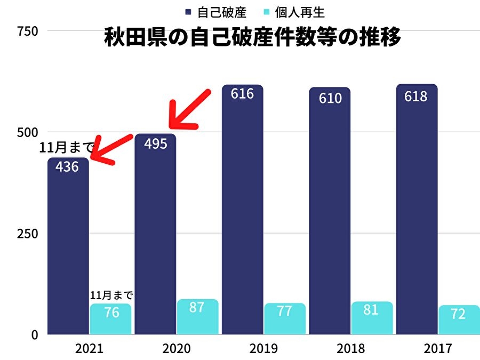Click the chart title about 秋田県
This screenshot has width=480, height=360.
(252, 39)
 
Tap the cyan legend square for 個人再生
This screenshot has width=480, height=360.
(266, 12)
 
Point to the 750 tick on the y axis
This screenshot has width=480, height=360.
(27, 31)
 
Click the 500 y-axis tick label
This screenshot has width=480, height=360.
(27, 132)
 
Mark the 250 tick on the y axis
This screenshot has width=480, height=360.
(27, 234)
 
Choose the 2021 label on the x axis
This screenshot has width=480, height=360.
(89, 349)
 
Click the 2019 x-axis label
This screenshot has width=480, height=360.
(263, 349)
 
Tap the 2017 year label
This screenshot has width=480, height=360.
(438, 349)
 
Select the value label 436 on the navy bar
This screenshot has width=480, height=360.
(67, 166)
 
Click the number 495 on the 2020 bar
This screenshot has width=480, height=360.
(155, 143)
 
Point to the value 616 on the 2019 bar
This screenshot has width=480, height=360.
(242, 94)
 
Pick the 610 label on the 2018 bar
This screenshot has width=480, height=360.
(330, 98)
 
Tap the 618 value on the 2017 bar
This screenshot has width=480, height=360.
(416, 96)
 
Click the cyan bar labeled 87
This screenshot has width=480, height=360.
(198, 317)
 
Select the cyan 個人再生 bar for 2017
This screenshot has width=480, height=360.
(459, 320)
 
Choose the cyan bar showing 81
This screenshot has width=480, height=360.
(372, 318)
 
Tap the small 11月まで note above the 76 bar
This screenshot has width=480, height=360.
(111, 295)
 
